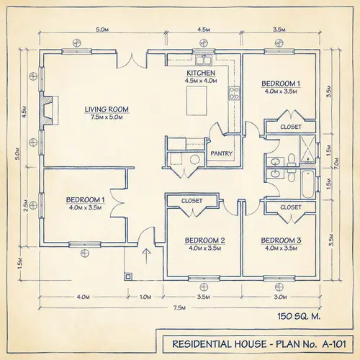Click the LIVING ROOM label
pyautogui.click(x=107, y=109)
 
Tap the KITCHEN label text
pyautogui.click(x=201, y=73)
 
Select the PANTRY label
pyautogui.click(x=220, y=153)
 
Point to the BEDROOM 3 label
pyautogui.click(x=281, y=240)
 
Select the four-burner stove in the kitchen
pyautogui.click(x=234, y=91)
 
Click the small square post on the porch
pyautogui.click(x=128, y=275)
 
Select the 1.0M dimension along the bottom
pyautogui.click(x=145, y=296)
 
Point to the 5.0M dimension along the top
pyautogui.click(x=102, y=30)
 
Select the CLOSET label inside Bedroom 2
pyautogui.click(x=192, y=201)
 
